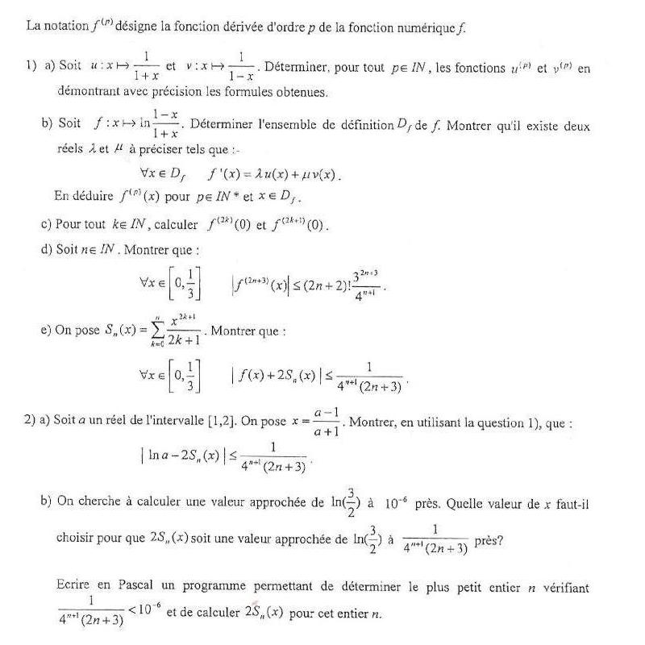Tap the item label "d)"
(47, 249)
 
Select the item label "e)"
(46, 331)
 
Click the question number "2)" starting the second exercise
(30, 421)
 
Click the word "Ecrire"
(73, 588)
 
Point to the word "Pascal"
(133, 588)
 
